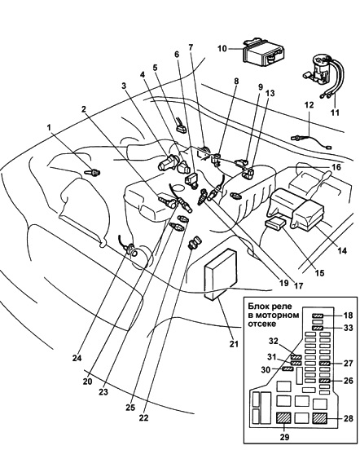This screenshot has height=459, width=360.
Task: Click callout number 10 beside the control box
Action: click(222, 48)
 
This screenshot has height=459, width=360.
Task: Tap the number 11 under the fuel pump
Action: click(335, 113)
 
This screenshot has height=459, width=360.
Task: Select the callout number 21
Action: click(234, 344)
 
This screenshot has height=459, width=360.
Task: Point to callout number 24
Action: click(77, 358)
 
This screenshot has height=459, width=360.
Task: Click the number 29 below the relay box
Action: click(284, 437)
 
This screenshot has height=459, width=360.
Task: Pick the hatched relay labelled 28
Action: click(319, 418)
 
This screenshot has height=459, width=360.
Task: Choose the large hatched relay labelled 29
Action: click(283, 418)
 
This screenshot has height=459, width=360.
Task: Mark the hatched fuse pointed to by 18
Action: click(318, 316)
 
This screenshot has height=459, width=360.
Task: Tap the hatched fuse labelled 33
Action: click(318, 328)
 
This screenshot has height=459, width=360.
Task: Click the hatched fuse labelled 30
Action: click(288, 369)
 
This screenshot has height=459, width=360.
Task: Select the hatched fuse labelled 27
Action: click(325, 364)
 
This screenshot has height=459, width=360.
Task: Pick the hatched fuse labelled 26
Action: click(325, 381)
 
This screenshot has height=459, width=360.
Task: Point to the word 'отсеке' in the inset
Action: click(261, 324)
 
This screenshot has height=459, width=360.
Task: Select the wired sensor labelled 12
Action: click(311, 141)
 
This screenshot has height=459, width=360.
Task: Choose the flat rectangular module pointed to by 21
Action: click(220, 274)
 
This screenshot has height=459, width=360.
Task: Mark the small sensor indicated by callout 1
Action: click(93, 173)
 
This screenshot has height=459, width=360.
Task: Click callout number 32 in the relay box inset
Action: click(274, 342)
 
